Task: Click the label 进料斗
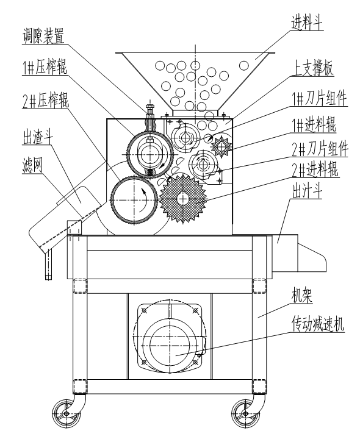[x=307, y=22]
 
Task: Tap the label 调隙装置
[x=43, y=37]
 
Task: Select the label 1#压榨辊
[x=45, y=68]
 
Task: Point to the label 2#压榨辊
[x=46, y=101]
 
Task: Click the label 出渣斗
[x=38, y=137]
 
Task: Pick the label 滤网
[x=32, y=165]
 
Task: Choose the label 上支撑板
[x=312, y=68]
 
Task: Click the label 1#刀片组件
[x=319, y=99]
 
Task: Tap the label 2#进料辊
[x=315, y=169]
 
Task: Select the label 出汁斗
[x=307, y=191]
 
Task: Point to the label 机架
[x=302, y=296]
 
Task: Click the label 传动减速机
[x=318, y=324]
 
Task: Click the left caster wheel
[x=66, y=413]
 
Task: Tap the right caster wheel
[x=246, y=413]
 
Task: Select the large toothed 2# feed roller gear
[x=183, y=199]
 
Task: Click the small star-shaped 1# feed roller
[x=221, y=146]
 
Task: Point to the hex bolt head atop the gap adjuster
[x=150, y=107]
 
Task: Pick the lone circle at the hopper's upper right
[x=243, y=66]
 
